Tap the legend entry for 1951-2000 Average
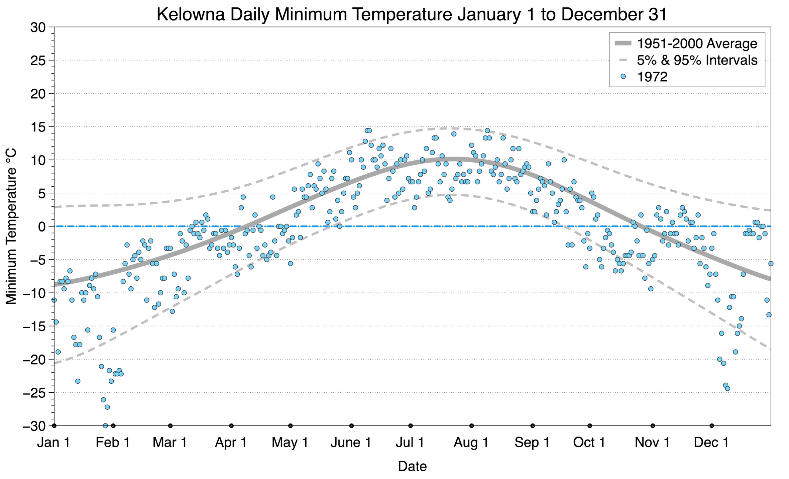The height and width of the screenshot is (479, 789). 697,43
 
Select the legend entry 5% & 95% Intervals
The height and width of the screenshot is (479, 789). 697,60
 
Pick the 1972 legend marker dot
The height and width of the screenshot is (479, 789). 623,77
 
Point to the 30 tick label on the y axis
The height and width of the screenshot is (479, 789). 37,27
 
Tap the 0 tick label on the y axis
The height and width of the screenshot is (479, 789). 41,227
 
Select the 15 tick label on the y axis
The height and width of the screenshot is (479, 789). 37,127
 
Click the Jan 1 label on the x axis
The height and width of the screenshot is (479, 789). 53,443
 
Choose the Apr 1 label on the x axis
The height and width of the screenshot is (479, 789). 231,443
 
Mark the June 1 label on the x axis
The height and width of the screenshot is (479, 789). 351,443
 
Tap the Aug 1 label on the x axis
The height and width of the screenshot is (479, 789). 471,443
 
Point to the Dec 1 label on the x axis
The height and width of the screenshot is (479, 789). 711,443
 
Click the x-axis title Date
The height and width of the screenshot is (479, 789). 412,466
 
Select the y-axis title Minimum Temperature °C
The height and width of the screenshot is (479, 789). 11,226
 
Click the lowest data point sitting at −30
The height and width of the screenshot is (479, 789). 105,426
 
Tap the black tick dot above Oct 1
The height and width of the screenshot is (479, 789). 590,426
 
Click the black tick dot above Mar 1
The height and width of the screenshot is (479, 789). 170,426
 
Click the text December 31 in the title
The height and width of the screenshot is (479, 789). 614,14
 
